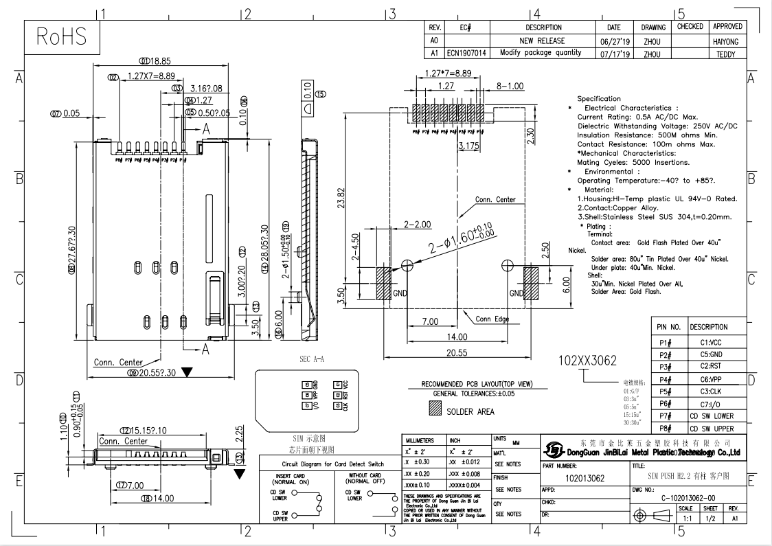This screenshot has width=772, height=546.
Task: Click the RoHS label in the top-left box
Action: (x=63, y=38)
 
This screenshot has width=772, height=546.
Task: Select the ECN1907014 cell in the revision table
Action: (x=468, y=53)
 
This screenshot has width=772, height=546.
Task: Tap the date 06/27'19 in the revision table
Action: (x=614, y=41)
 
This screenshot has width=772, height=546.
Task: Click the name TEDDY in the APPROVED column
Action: (x=727, y=53)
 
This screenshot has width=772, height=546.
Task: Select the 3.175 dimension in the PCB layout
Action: (x=468, y=146)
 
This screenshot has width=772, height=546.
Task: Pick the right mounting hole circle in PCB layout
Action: (x=508, y=264)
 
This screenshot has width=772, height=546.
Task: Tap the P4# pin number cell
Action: (x=664, y=379)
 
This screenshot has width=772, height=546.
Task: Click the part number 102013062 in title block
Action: (x=584, y=477)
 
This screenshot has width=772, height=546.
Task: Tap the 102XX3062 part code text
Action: (x=588, y=361)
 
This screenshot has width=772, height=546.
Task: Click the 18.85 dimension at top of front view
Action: (x=159, y=61)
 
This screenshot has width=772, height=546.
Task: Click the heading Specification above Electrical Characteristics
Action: (x=599, y=99)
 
